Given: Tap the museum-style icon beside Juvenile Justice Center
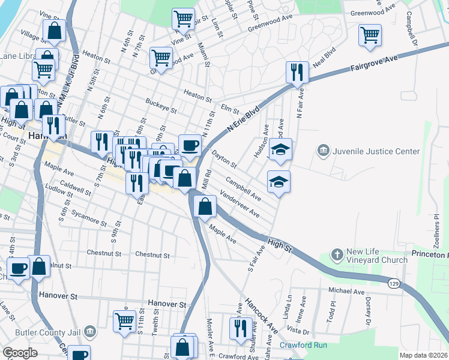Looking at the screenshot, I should click(x=323, y=149).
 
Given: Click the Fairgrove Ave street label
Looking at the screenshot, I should click(x=375, y=62).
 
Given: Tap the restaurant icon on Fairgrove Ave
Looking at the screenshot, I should click(x=297, y=73).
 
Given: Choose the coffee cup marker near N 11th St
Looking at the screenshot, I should click(x=190, y=145).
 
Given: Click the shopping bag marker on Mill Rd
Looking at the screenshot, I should click(x=205, y=206).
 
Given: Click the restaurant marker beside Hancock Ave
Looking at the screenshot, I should click(x=241, y=329).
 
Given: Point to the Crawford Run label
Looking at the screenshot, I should click(x=303, y=346).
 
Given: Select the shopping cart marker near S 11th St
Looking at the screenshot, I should click(x=124, y=320).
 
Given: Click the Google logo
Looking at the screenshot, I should click(x=20, y=353).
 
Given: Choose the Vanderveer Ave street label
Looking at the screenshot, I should click(x=240, y=205).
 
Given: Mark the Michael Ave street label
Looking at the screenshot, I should click(x=346, y=291).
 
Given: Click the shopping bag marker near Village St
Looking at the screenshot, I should click(x=54, y=32).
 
